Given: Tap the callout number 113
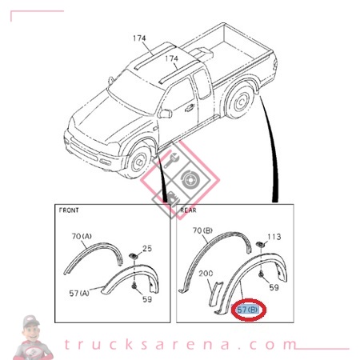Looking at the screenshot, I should coord(273,237).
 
